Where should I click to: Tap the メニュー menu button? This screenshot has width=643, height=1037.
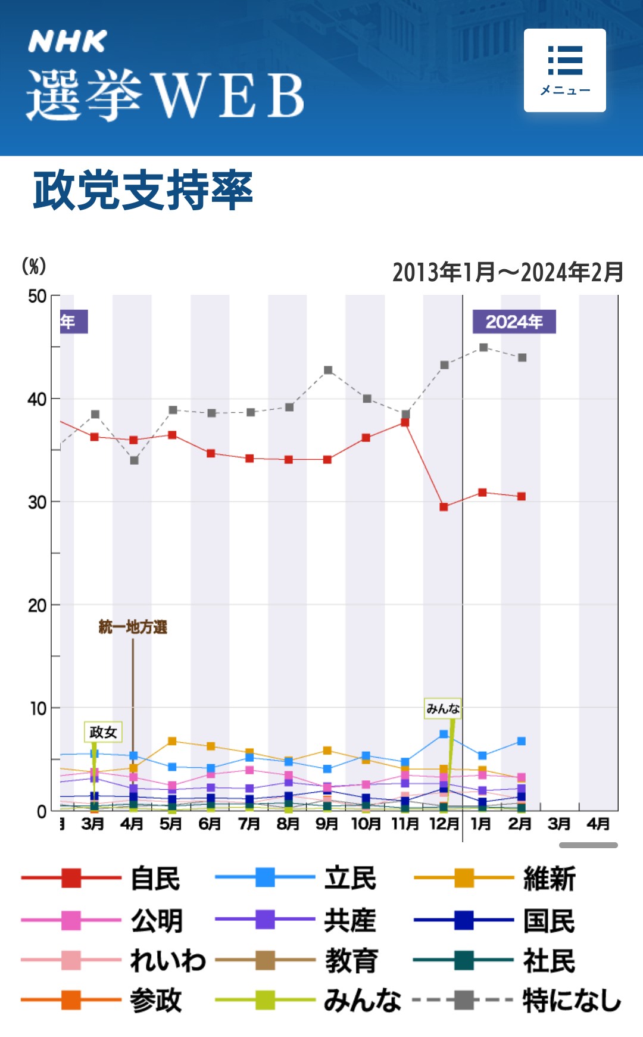(564, 70)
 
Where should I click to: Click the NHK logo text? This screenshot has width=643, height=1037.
(67, 42)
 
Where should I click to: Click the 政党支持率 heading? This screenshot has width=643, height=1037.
(143, 191)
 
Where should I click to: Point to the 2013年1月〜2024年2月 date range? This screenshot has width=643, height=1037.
(507, 272)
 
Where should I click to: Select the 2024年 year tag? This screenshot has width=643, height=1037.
(514, 322)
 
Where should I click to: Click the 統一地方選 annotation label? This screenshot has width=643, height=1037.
(133, 627)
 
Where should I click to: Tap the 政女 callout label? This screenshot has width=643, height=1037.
(103, 732)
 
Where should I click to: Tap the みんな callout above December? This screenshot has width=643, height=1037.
(443, 708)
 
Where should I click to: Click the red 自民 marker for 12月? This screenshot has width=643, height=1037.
(444, 507)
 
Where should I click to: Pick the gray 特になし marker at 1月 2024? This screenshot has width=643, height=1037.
(483, 347)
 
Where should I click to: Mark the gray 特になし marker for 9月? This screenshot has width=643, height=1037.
(328, 370)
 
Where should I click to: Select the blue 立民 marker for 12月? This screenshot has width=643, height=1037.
(444, 734)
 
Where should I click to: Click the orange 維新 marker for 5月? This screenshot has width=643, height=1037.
(172, 741)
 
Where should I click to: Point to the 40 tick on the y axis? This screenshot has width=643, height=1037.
(37, 399)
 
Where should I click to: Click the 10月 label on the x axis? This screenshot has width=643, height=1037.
(366, 824)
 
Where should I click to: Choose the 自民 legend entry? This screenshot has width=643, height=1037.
(101, 879)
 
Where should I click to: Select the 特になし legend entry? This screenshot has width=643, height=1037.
(517, 1000)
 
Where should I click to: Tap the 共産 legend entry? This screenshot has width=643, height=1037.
(296, 920)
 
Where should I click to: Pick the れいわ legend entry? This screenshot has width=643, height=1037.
(113, 961)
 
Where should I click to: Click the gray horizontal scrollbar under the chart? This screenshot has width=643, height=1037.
(588, 845)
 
